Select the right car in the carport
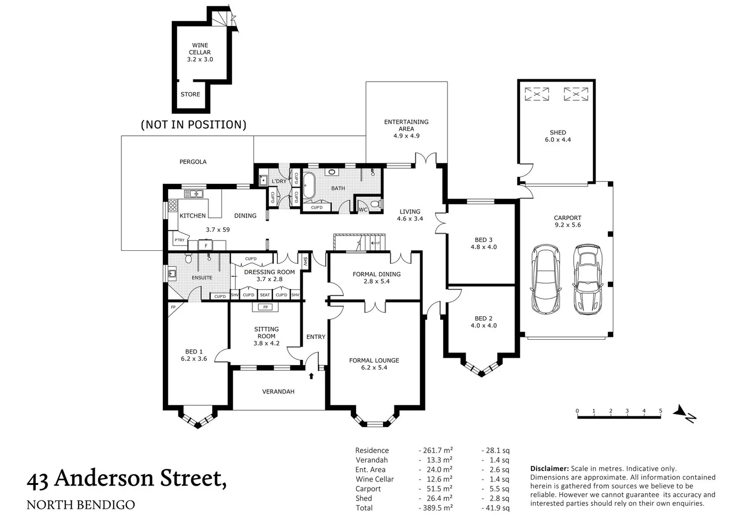click(587, 279)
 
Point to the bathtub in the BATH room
click(309, 185)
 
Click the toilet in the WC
click(375, 204)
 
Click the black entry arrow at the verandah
click(311, 376)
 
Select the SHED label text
click(558, 132)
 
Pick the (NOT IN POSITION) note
click(193, 125)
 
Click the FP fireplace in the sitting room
click(265, 307)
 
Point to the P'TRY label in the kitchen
click(179, 240)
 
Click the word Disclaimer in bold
click(549, 468)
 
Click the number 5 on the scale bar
click(660, 411)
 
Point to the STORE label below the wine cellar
click(190, 94)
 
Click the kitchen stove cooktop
click(173, 206)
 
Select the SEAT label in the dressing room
click(265, 295)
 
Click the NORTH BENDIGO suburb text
click(81, 505)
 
